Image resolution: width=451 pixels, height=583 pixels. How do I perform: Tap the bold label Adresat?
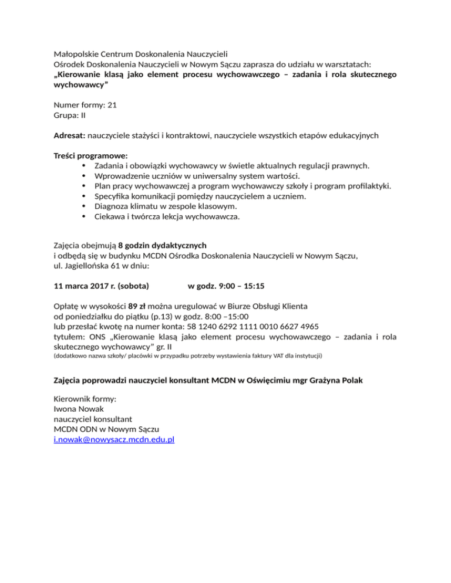pos(70,135)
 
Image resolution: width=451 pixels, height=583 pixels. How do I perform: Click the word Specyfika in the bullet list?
pos(115,197)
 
